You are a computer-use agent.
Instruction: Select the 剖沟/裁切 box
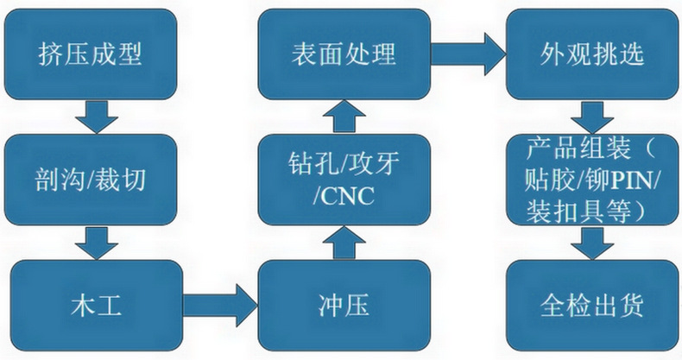(x=91, y=180)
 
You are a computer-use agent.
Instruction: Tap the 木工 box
(x=91, y=305)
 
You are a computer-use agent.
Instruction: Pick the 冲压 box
(x=344, y=305)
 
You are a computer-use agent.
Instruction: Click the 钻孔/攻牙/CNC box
(x=344, y=180)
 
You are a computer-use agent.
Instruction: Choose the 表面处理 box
(x=344, y=54)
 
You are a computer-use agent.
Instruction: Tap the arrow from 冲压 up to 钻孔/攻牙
(x=345, y=243)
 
